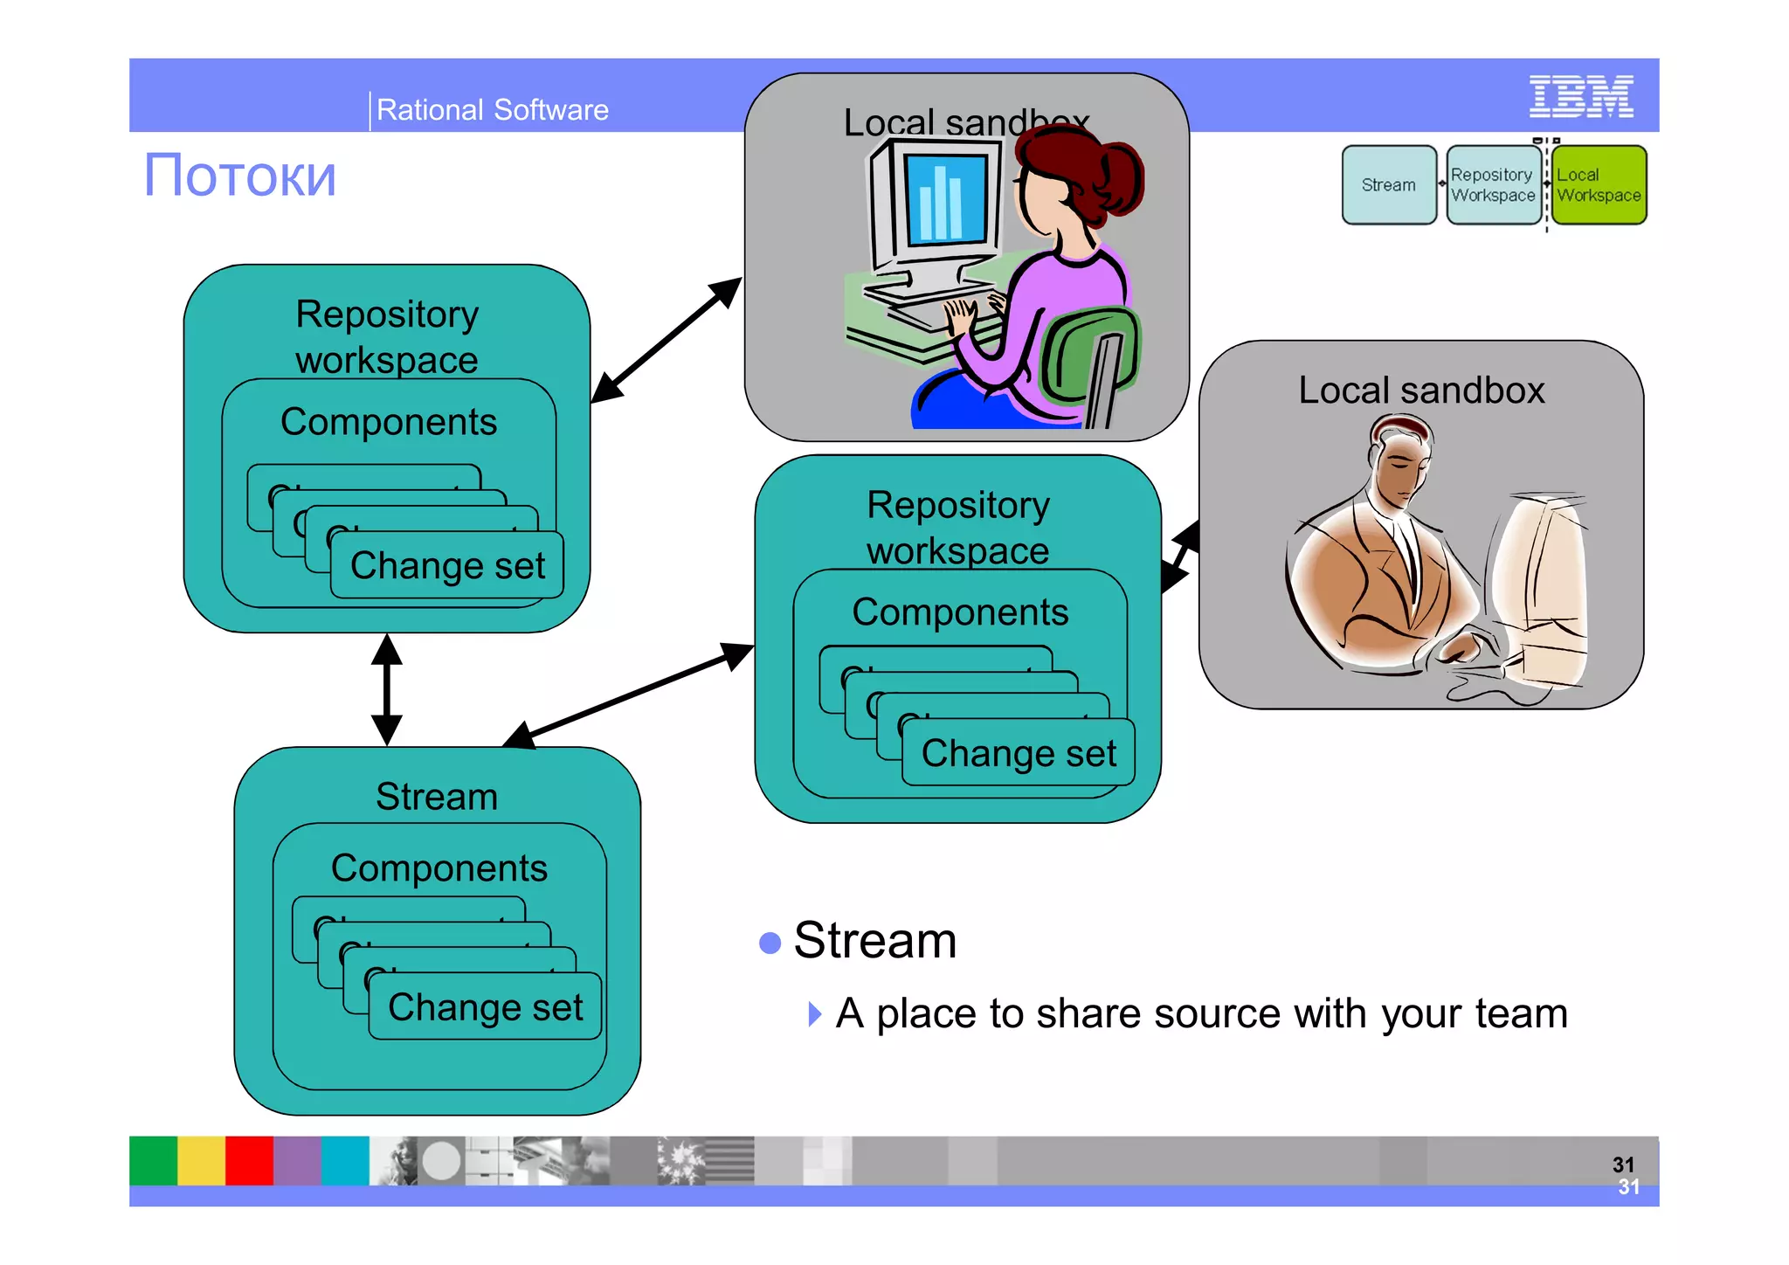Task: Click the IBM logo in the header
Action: coord(1580,96)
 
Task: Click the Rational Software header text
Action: coord(492,110)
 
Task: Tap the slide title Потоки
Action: coord(239,176)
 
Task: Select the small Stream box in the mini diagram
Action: coord(1389,185)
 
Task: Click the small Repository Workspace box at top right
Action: coord(1493,185)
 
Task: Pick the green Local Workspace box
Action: coord(1599,185)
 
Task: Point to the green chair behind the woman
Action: coord(1088,358)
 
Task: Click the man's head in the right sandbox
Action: coord(1400,459)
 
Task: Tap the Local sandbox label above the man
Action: coord(1421,390)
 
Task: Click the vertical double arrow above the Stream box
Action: coord(386,689)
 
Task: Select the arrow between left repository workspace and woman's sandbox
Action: coord(666,341)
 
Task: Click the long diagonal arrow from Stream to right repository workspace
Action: coord(629,695)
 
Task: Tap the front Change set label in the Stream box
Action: coord(485,1007)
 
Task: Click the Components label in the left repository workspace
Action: coord(389,422)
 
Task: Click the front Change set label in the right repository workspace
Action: coord(1019,753)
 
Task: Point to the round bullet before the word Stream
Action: coord(770,943)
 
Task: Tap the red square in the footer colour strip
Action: coord(249,1160)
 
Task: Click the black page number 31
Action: coord(1623,1165)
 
